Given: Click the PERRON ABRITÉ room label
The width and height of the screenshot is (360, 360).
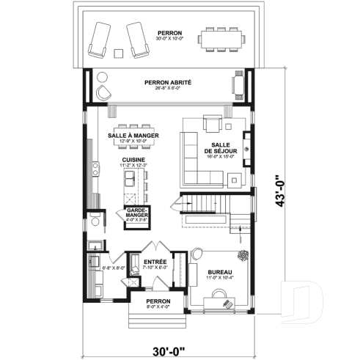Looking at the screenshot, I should tap(168, 82).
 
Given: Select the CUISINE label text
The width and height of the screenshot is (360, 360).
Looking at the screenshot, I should tap(133, 159).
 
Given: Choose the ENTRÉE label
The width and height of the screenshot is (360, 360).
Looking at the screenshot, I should tap(155, 262).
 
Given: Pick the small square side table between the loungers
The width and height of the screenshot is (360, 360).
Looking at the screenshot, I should tap(119, 52).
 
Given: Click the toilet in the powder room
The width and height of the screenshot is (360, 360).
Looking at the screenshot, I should tap(95, 221).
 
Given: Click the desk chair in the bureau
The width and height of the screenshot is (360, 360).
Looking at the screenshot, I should tap(224, 301).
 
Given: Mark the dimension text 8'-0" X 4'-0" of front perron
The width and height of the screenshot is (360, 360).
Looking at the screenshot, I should tap(158, 307).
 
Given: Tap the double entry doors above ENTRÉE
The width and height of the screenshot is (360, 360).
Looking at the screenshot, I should tap(155, 248).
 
